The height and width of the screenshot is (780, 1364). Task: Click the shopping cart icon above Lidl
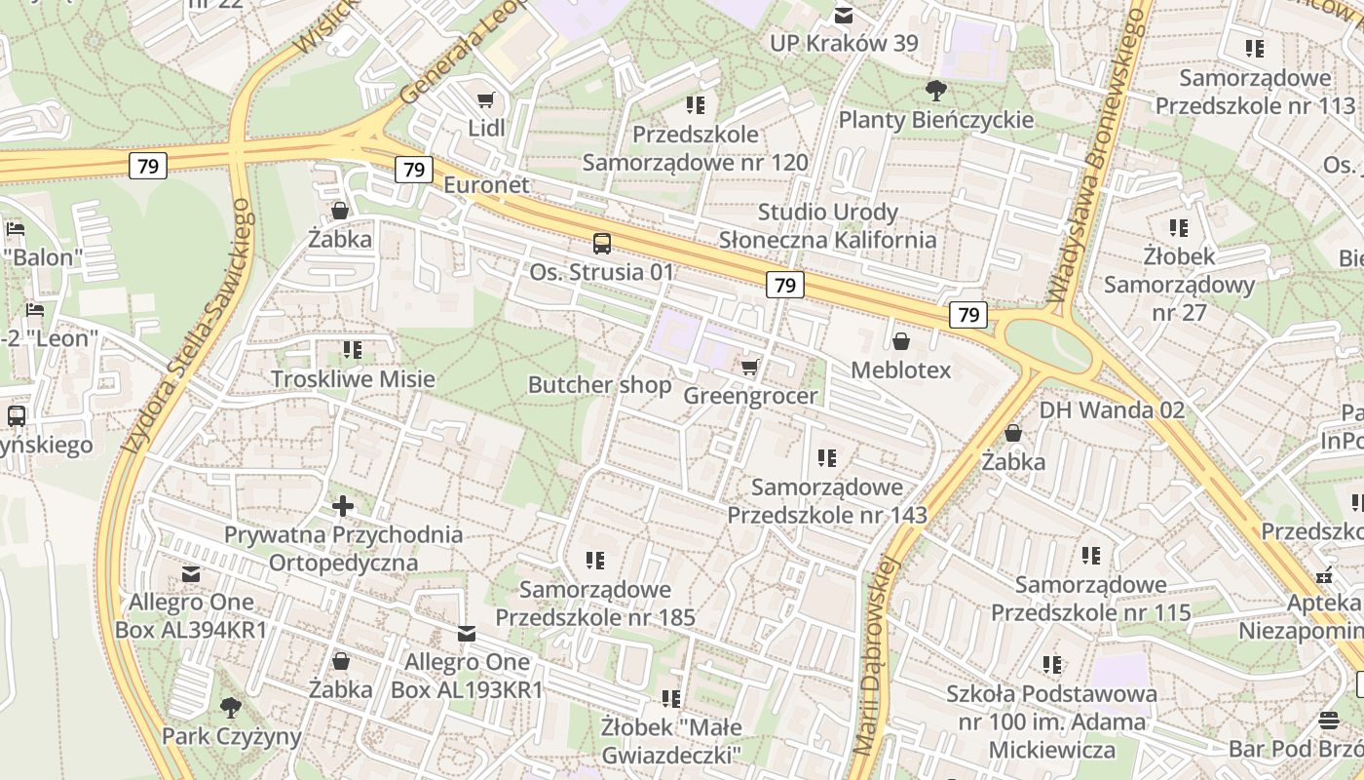click(485, 99)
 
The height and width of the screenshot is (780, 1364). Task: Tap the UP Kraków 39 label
click(844, 43)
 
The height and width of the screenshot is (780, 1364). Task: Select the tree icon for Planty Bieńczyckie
click(935, 91)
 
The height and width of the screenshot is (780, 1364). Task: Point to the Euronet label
click(486, 185)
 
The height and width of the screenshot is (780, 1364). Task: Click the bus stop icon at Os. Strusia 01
click(602, 244)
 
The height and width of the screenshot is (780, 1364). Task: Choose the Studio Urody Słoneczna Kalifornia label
click(827, 226)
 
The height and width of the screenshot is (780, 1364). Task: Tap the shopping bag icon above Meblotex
click(901, 341)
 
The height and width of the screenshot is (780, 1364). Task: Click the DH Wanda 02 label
click(1112, 409)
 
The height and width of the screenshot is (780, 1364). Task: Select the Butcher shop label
click(599, 385)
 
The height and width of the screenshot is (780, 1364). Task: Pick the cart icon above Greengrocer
click(749, 367)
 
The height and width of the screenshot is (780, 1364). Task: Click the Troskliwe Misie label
click(353, 379)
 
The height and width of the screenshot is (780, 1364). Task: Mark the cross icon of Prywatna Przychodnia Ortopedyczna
click(343, 506)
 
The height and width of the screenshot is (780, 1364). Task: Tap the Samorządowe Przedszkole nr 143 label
click(827, 500)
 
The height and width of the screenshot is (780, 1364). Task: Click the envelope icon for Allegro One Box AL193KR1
click(467, 634)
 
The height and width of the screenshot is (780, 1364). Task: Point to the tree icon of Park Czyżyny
click(231, 707)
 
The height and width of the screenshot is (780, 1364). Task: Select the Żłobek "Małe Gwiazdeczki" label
click(671, 741)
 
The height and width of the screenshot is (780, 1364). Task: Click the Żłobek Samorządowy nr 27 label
click(1179, 285)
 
